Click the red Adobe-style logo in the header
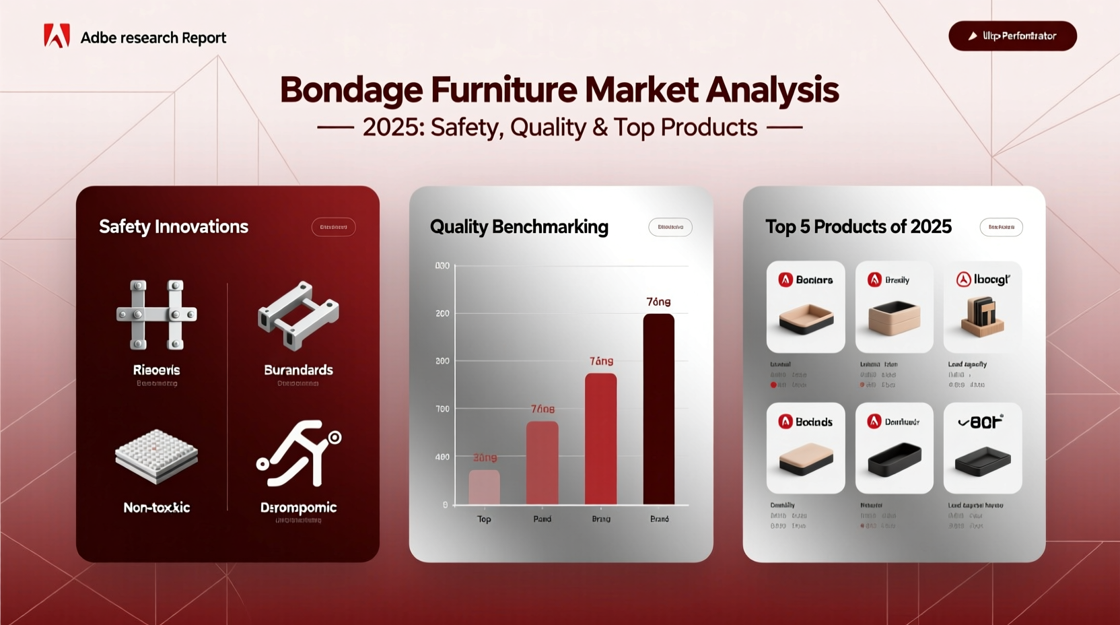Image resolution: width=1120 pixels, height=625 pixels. pos(57,36)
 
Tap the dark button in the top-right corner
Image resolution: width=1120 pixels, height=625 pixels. pos(1012,36)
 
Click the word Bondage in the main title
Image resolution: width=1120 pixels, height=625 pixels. pos(351,90)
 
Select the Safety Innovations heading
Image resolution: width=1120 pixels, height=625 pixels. pos(174,227)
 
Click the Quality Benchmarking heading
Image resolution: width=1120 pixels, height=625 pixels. pos(519,227)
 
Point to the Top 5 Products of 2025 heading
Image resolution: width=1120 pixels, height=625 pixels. pos(858,227)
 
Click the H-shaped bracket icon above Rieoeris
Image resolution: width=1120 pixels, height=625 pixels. pos(157,315)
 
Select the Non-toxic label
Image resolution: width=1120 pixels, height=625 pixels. pos(157,508)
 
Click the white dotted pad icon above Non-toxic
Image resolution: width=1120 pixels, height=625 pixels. pos(157,456)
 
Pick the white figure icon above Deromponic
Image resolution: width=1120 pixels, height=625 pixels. pos(298,453)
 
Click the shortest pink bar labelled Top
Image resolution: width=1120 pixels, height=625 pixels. pos(484,487)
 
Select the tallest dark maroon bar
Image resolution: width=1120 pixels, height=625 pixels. pos(658,409)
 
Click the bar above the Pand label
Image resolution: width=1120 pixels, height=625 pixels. pos(542,463)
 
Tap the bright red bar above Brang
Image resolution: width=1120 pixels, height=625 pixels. pos(600,438)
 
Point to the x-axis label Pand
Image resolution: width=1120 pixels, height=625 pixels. pos(542,519)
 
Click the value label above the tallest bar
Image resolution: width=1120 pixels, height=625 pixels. pos(658,302)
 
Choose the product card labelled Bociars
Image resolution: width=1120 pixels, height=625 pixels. pos(806,306)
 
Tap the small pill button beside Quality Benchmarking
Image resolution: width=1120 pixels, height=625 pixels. pos(670,227)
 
